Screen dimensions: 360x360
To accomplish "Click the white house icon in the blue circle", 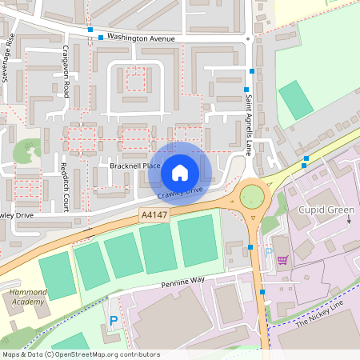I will (x=180, y=172).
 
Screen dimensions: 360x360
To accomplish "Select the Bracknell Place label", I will (x=135, y=164).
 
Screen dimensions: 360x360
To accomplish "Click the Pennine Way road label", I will (x=182, y=282).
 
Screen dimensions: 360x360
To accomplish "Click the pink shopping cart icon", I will (x=282, y=259).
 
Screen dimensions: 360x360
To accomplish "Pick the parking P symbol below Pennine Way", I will (x=114, y=321).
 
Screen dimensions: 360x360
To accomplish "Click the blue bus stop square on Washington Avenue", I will (x=100, y=38).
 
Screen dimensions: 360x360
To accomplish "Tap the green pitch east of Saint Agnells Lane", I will (x=296, y=100).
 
